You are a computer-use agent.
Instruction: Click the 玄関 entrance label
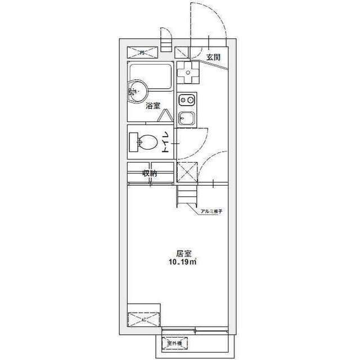pos(213,57)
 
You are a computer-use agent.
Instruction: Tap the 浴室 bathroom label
pos(152,106)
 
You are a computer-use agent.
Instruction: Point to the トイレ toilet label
pos(166,141)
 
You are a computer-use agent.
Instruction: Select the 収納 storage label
pos(149,173)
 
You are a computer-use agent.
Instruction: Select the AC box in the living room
pos(143,319)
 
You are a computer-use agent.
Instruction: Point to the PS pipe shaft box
pos(143,53)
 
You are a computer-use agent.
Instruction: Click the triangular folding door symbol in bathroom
pos(166,115)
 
